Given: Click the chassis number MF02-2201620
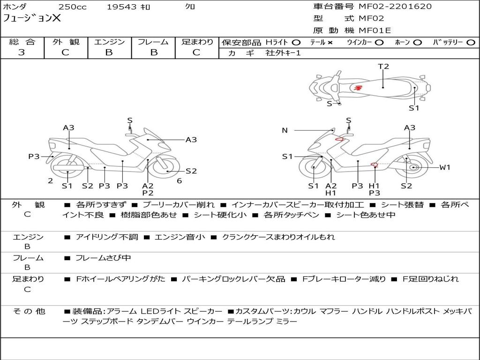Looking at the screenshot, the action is (x=395, y=6).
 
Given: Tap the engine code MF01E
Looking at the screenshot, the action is (x=375, y=30).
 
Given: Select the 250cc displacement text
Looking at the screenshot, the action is (x=73, y=7).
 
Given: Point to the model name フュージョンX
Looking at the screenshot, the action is (x=32, y=18).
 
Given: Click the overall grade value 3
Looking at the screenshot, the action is (x=22, y=52).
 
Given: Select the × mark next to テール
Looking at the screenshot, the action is (x=330, y=43).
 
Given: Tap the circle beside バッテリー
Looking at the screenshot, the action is (x=471, y=43).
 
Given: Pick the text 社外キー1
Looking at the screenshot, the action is (x=283, y=53).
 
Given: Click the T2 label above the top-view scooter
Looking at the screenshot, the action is (x=383, y=66).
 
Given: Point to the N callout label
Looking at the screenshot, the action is (x=285, y=130).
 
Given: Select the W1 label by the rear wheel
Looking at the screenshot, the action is (x=445, y=167).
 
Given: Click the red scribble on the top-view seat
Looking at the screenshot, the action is (x=358, y=88).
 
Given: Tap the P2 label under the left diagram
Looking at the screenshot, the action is (x=148, y=193).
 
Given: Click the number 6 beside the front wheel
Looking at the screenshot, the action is (x=180, y=181).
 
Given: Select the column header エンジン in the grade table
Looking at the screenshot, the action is (x=109, y=42).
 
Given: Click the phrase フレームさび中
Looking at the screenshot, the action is (x=103, y=258).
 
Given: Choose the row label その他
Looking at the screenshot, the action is (x=29, y=311).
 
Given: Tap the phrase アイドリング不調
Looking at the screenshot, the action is (x=107, y=237).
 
